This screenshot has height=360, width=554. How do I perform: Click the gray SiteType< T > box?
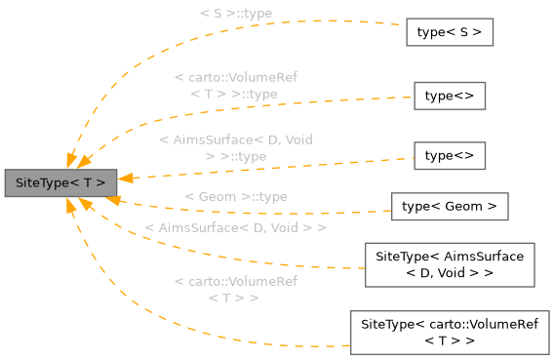[x=60, y=182]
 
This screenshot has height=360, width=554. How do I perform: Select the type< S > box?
[x=449, y=32]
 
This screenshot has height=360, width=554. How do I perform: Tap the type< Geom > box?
[x=450, y=206]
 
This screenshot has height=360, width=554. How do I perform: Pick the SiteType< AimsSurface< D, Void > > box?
[x=450, y=264]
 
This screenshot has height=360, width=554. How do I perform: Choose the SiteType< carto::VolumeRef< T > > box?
[x=450, y=332]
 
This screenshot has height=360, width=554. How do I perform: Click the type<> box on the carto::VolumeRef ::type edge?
[x=450, y=96]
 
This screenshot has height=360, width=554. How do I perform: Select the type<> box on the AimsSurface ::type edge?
[x=450, y=155]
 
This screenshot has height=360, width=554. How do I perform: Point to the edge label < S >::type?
[x=235, y=14]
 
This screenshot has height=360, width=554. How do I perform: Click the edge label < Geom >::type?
[x=235, y=197]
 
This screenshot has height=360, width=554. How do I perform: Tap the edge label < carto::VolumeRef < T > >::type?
[x=235, y=85]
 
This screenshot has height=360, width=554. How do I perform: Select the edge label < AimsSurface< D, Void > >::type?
[x=235, y=147]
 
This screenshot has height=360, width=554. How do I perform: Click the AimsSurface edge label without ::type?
[x=235, y=227]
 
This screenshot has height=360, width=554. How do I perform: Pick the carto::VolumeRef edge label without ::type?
[x=235, y=289]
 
